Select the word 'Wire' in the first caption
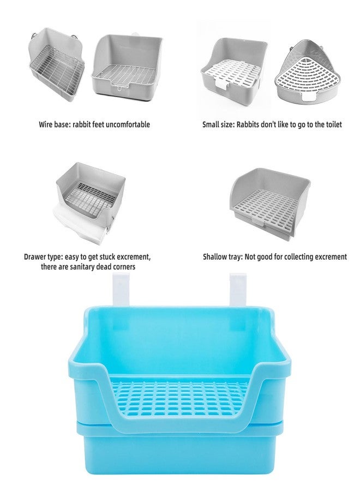pos(46,124)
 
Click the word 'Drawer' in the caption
pos(35,256)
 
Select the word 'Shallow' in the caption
pos(216,256)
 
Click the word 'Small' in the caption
pos(211,124)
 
